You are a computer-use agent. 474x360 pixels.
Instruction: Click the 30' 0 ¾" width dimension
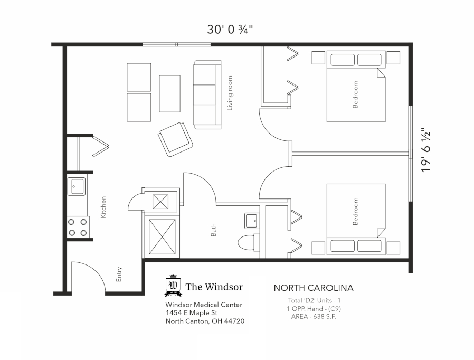[230, 30]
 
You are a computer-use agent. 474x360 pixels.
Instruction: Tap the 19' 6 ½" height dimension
[425, 150]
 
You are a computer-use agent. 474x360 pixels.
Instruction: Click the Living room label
[230, 93]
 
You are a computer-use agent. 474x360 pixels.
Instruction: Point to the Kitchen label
[103, 207]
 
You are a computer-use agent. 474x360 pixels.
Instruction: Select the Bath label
[213, 230]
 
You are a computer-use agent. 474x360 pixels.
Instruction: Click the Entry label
[119, 274]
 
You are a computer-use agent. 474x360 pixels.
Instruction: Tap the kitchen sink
[76, 186]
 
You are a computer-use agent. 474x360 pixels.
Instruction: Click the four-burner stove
[78, 227]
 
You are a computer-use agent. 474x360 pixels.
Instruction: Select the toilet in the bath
[249, 242]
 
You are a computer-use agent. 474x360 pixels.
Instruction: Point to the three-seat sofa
[207, 94]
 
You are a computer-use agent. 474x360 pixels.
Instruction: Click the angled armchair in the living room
[175, 139]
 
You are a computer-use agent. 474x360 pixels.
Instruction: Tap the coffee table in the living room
[170, 94]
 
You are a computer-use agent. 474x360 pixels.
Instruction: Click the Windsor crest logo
[173, 286]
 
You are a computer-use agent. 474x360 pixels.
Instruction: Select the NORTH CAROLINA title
[314, 288]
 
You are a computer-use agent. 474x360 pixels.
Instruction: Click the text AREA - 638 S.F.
[314, 317]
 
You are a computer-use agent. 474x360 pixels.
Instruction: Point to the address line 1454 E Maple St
[192, 313]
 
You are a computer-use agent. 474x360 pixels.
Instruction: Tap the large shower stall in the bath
[163, 236]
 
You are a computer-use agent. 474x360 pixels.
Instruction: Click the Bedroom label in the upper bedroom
[356, 94]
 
